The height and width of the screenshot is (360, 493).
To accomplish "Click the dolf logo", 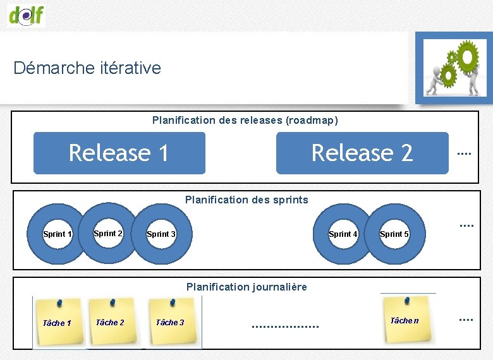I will tap(27, 15).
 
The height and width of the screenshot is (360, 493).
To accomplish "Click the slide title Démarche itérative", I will tap(87, 68).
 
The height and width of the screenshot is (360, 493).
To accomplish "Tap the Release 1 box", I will tap(119, 153).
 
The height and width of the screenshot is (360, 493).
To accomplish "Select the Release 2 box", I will tap(362, 153).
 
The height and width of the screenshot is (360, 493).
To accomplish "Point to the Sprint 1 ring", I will tap(57, 234).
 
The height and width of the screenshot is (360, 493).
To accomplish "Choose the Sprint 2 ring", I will tap(108, 233).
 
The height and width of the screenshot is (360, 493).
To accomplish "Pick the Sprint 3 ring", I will tap(161, 234).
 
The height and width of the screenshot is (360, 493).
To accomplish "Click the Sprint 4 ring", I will tap(343, 234).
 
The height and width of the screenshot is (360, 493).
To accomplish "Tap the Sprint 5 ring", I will tap(394, 234).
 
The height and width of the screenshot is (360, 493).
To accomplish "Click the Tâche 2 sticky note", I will tap(111, 321).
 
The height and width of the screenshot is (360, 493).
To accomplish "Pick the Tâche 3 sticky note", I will tap(171, 321).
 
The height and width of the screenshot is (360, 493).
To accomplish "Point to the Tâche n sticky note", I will tap(406, 319).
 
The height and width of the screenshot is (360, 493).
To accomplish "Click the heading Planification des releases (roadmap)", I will tap(245, 120).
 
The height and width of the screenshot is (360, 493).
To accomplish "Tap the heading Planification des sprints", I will tap(246, 200).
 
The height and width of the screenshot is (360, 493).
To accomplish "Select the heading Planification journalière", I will tap(246, 287).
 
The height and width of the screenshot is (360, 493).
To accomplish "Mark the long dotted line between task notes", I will tap(285, 327).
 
